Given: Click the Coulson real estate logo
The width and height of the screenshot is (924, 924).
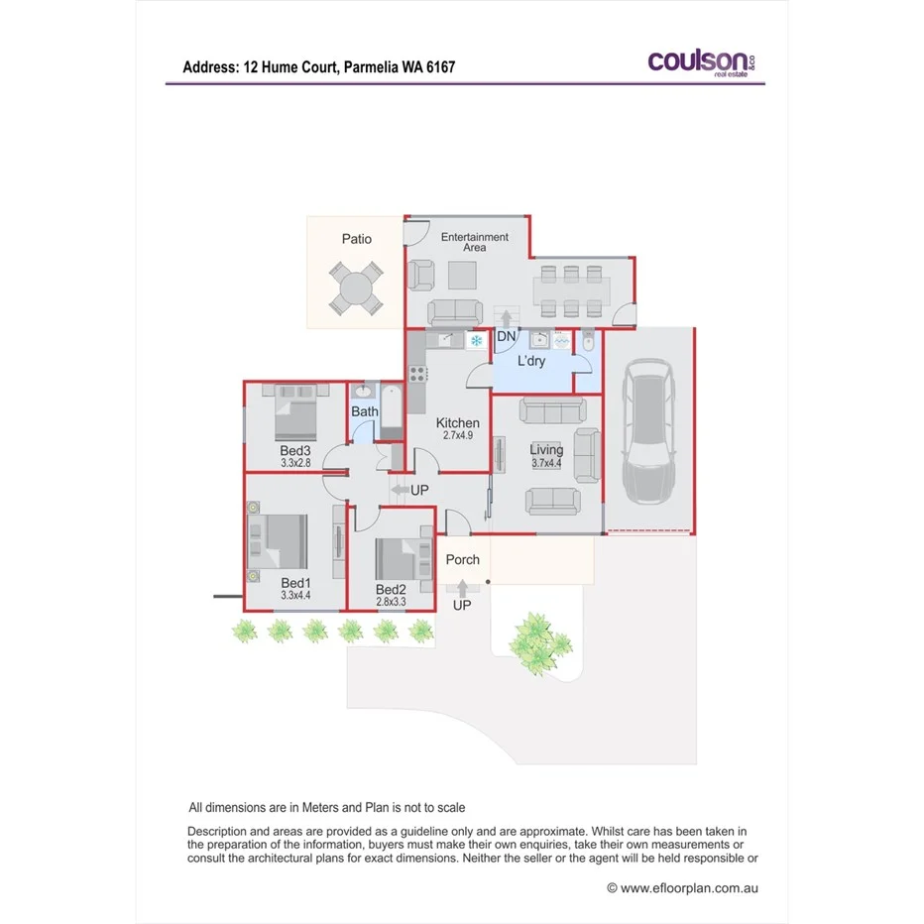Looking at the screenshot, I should pos(702,62).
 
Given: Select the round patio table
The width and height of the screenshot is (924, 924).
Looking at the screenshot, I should pos(355,289).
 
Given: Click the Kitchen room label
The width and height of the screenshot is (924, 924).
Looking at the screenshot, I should pos(458,423).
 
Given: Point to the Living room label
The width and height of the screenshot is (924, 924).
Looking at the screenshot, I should pos(546,450).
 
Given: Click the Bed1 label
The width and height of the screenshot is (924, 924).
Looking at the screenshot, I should pos(295,583).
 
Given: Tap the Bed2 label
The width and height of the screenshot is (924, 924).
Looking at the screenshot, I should pos(391,587).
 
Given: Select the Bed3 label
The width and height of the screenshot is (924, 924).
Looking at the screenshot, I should pos(295,450).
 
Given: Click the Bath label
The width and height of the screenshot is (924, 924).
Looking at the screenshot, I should pos(365,411).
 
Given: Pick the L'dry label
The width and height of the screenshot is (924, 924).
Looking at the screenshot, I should pos(531,362).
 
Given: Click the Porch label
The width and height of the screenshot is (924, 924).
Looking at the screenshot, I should pos(462,560).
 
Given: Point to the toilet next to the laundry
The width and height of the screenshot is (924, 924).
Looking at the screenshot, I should pos(587,343).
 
